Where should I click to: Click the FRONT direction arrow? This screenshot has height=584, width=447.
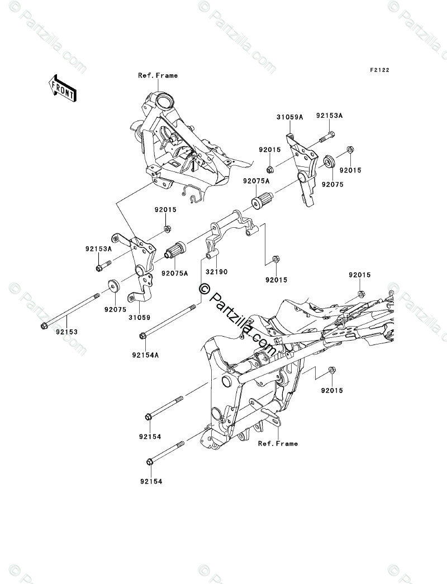click(62, 88)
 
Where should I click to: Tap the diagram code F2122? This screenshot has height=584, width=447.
click(379, 70)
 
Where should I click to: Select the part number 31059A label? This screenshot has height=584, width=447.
click(289, 117)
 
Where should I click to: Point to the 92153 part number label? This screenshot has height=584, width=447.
click(67, 332)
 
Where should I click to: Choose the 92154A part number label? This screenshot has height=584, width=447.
click(145, 355)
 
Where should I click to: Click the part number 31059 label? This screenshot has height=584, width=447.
click(140, 318)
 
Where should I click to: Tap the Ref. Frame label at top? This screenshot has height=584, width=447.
click(158, 75)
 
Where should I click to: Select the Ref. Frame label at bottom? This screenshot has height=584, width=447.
click(278, 443)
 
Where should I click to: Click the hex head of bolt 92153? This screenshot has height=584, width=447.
click(43, 326)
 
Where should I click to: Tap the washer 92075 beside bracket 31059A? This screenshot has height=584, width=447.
click(329, 163)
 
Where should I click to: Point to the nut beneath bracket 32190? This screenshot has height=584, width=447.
click(276, 259)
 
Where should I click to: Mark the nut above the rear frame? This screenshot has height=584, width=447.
click(360, 294)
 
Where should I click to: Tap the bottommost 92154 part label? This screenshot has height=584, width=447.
click(151, 482)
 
